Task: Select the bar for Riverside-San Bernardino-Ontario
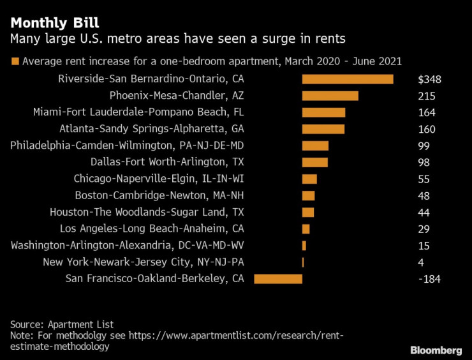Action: click(347, 79)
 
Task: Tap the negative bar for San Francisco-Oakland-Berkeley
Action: click(278, 278)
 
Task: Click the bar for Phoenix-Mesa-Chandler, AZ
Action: click(330, 96)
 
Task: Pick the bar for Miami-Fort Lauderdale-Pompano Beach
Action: click(323, 112)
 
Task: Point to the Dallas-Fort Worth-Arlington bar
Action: click(314, 162)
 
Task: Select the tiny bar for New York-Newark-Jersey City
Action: click(303, 262)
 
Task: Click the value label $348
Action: click(430, 80)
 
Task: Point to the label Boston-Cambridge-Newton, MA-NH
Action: click(159, 195)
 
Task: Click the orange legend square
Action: click(15, 61)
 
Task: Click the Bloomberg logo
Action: click(436, 349)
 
